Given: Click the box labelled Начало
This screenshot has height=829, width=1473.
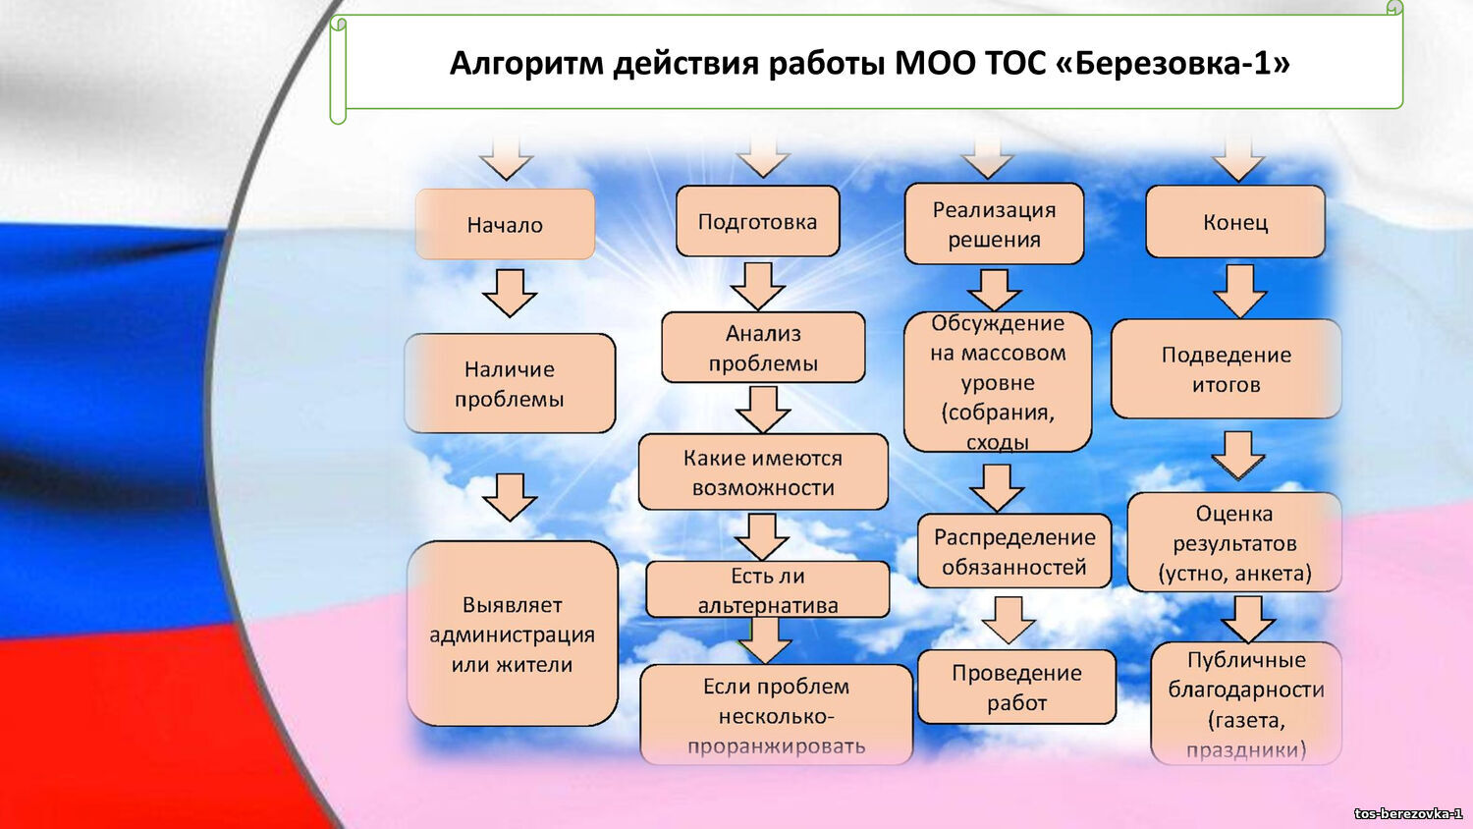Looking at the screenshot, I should coord(505,225).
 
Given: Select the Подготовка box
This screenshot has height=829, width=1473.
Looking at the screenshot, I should coord(757,222).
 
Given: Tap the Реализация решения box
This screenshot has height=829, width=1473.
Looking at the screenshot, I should coord(994,225).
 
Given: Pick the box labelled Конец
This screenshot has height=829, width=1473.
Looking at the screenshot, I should coord(1235,223).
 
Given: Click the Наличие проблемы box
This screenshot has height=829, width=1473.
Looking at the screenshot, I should coord(510,384).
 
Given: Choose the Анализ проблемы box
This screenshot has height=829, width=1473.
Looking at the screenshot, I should coord(763,349).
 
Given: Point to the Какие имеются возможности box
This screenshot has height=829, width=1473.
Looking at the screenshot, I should coord(763,472).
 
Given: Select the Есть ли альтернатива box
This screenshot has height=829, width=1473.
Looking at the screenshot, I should coord(768,590).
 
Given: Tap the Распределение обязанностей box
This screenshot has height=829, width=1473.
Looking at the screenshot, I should coord(1014,552).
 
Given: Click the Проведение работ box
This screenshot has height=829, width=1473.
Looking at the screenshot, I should coord(1016,688).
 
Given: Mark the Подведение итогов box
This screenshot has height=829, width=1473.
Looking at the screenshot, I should coord(1226,369).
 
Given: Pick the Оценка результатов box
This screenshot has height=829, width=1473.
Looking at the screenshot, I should coord(1234,543).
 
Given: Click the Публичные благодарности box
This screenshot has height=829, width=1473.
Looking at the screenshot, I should coord(1246,703).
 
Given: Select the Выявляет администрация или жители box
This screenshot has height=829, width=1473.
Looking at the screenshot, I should coord(512,635).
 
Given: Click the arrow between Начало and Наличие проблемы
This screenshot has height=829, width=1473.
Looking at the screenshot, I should coord(509,293).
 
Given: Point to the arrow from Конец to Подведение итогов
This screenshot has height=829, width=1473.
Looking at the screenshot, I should coord(1240,291).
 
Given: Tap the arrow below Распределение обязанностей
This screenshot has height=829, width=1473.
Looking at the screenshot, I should coord(1009,619).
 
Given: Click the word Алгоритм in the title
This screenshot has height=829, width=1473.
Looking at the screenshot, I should coord(528,63).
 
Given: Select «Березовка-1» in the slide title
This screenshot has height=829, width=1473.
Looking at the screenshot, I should coord(1173,63).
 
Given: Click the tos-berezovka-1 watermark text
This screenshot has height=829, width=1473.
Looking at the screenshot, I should coord(1407,813).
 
